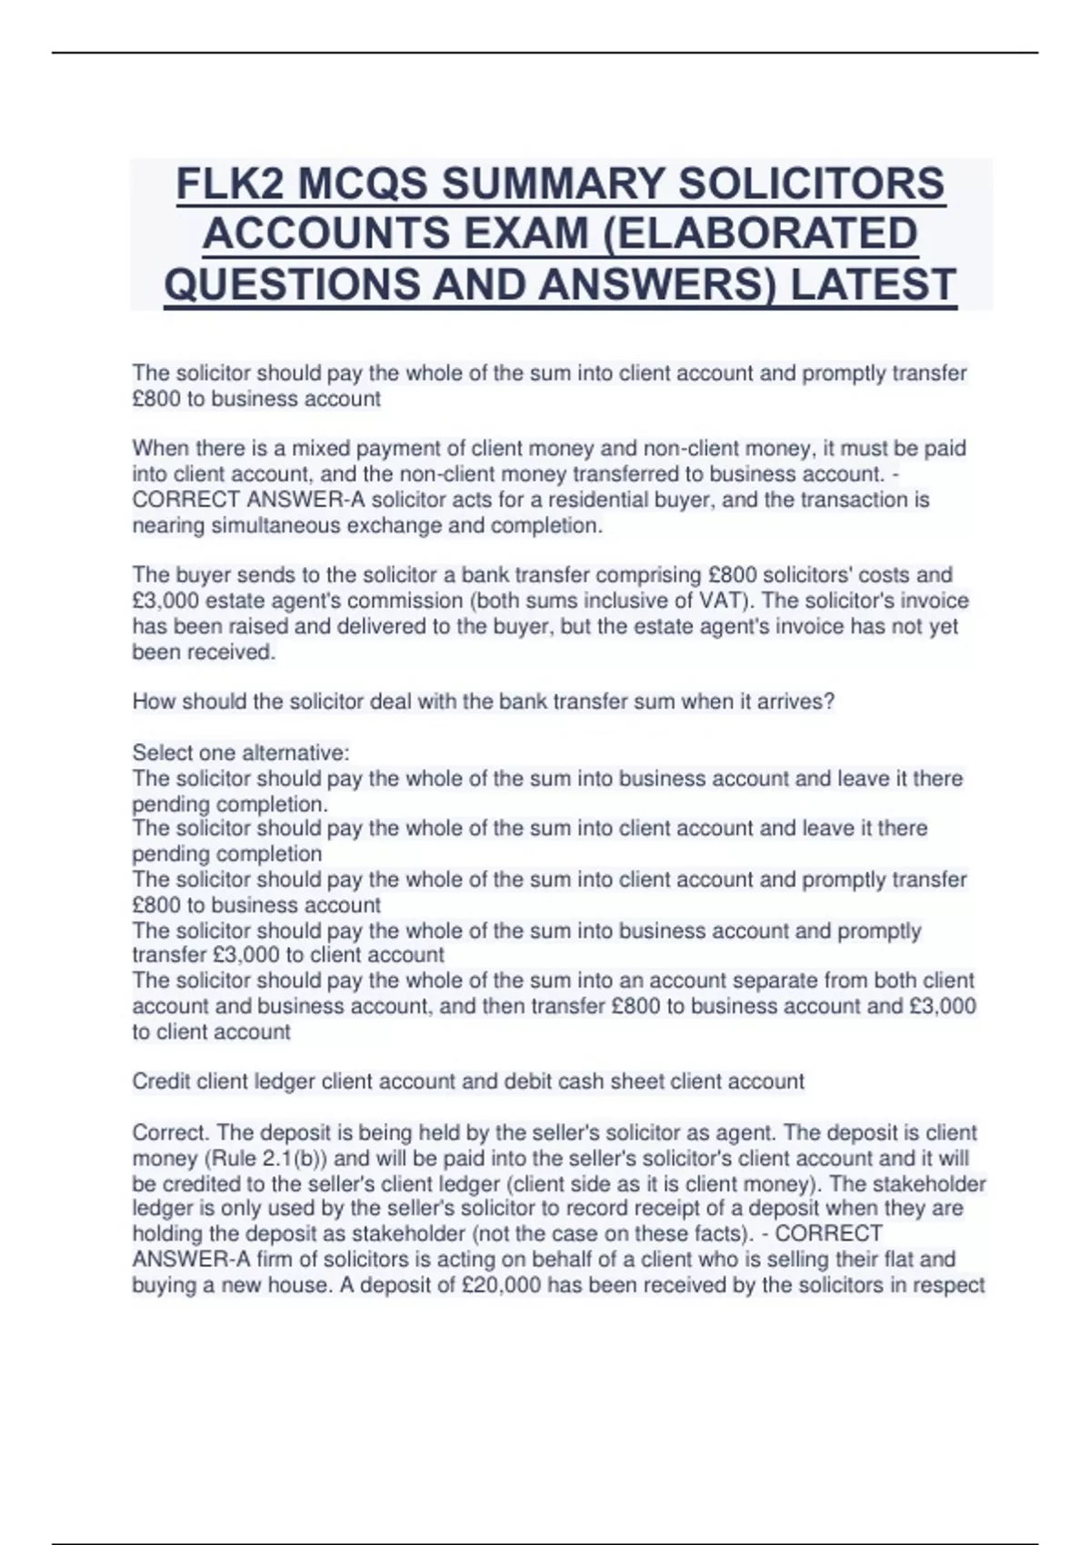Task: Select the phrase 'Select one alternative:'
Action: (241, 753)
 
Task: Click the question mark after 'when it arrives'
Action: (828, 702)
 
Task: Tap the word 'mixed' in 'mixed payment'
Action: (315, 448)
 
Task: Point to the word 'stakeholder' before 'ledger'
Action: (931, 1184)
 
